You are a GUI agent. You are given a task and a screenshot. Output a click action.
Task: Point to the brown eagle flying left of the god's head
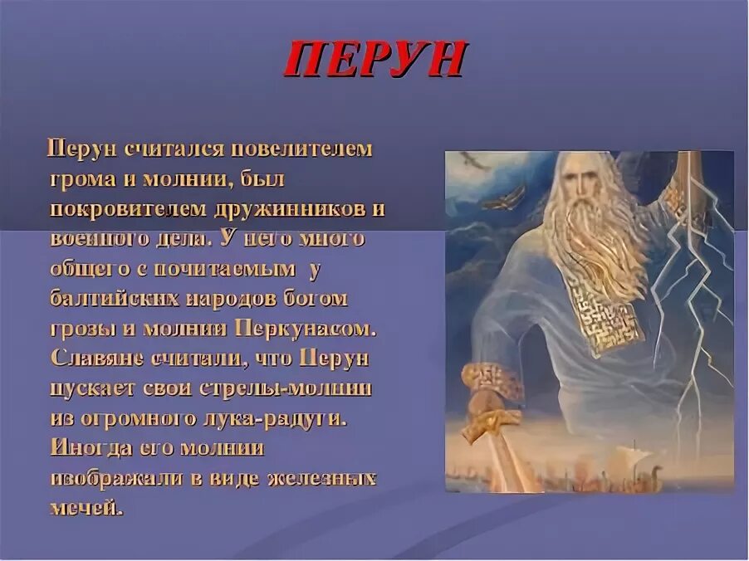503,199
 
